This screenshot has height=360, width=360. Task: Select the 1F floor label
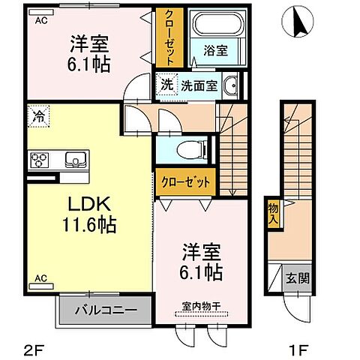[300, 348]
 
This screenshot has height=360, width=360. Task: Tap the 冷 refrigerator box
[37, 117]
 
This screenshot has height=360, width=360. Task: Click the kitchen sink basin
[76, 159]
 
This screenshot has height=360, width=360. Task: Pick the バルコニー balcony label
[105, 308]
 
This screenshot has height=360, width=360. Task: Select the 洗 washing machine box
[165, 84]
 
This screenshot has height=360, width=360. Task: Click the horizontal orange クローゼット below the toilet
[185, 181]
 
